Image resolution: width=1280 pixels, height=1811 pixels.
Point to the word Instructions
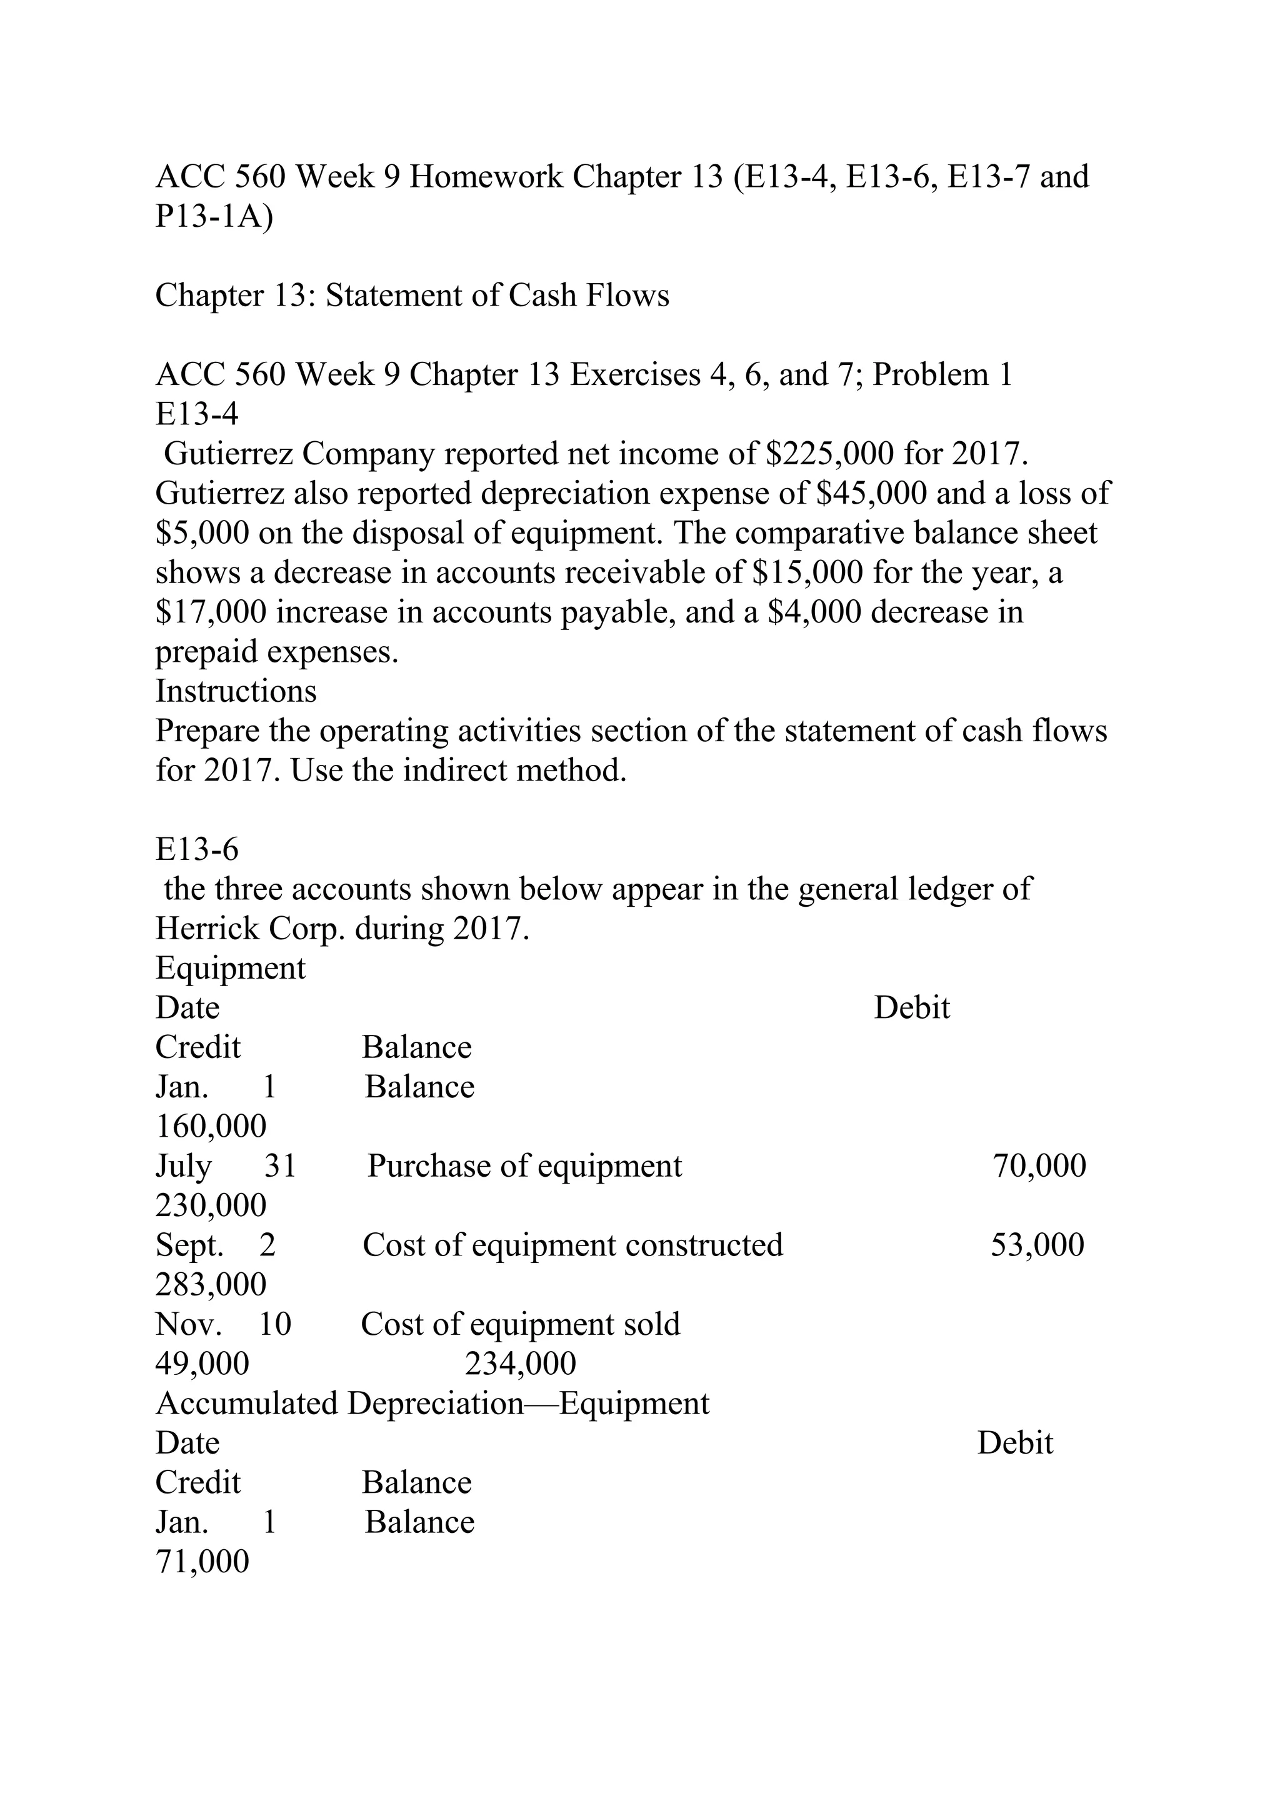pyautogui.click(x=236, y=692)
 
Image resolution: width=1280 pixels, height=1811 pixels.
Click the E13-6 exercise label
pyautogui.click(x=196, y=849)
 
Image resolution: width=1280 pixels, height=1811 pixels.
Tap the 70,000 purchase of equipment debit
pyautogui.click(x=1039, y=1166)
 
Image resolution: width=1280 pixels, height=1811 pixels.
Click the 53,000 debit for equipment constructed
pyautogui.click(x=1037, y=1245)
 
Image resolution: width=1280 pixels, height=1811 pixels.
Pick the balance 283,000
pyautogui.click(x=211, y=1285)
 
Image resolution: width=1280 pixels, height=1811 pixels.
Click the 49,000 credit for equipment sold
pyautogui.click(x=202, y=1364)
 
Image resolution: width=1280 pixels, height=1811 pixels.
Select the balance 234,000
pyautogui.click(x=520, y=1364)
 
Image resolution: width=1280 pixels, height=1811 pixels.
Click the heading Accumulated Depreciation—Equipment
pyautogui.click(x=432, y=1403)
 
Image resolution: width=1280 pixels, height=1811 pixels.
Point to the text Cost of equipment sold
pyautogui.click(x=520, y=1324)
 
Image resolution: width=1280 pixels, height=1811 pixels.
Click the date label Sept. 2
pyautogui.click(x=214, y=1245)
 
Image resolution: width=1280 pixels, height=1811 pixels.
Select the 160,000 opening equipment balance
pyautogui.click(x=211, y=1126)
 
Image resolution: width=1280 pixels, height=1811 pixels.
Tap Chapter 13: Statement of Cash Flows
pyautogui.click(x=412, y=296)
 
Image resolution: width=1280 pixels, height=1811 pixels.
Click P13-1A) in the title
pyautogui.click(x=214, y=216)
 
